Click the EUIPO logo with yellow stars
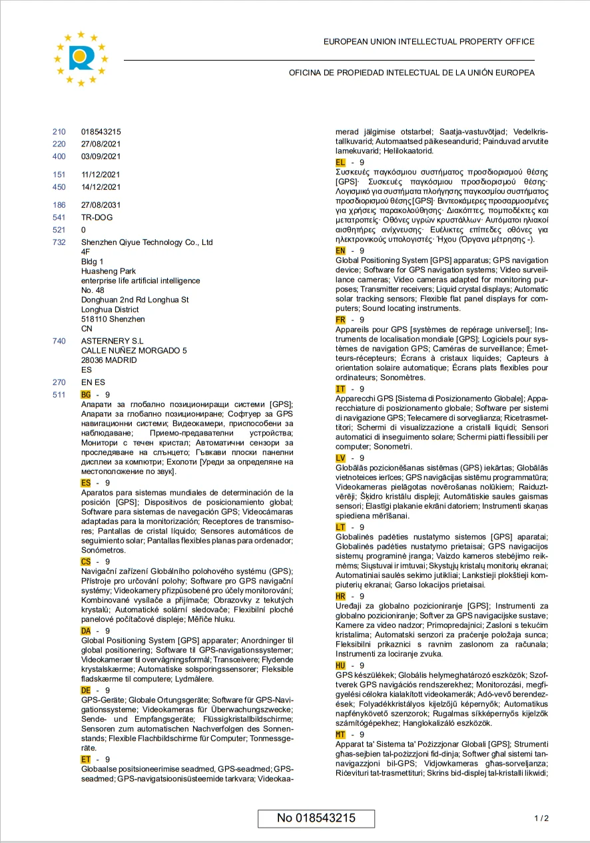click(x=81, y=58)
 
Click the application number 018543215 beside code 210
click(x=101, y=132)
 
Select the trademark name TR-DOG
click(x=97, y=218)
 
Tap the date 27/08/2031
click(x=101, y=205)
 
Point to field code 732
click(x=59, y=242)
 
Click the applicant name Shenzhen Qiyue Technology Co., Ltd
click(x=147, y=242)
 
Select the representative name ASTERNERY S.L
click(x=112, y=341)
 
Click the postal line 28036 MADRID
click(x=109, y=360)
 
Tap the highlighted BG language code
click(x=86, y=395)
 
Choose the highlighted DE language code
click(x=86, y=691)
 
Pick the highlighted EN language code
click(x=340, y=250)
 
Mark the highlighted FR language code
click(x=340, y=320)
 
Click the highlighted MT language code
click(x=340, y=734)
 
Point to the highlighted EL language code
click(x=340, y=162)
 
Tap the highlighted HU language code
click(x=340, y=665)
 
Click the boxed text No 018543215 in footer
click(x=316, y=818)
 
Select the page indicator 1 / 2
click(x=541, y=818)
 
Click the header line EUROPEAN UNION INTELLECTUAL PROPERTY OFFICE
click(x=429, y=42)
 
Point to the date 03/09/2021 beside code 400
click(x=101, y=156)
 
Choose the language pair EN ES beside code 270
click(x=93, y=382)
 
